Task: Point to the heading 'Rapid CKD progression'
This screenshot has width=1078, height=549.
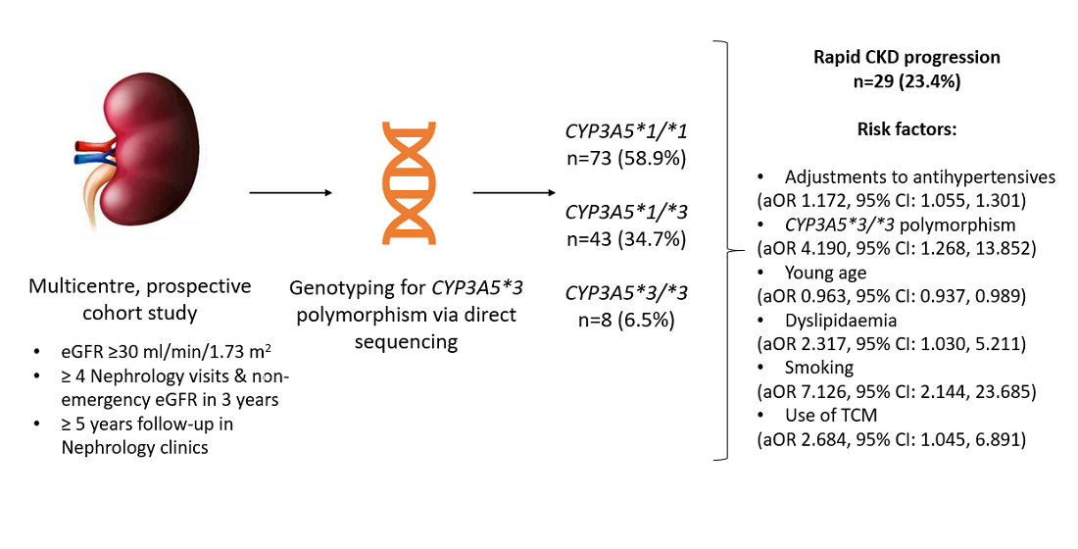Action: (906, 57)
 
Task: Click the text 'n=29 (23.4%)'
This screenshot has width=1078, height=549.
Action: (906, 81)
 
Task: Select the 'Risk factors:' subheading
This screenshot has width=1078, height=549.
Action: (906, 129)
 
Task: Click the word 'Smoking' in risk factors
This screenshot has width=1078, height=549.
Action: (819, 368)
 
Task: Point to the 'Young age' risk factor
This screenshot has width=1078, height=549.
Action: (826, 273)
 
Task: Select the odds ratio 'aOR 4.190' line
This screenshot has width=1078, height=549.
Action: (895, 248)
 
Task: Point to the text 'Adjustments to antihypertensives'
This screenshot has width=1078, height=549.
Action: (919, 177)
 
